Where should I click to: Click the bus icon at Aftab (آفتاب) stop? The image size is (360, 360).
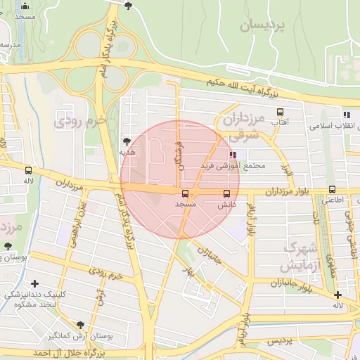click(x=281, y=112)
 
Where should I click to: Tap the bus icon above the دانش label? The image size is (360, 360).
click(x=226, y=193)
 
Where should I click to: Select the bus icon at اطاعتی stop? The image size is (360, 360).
click(x=333, y=189)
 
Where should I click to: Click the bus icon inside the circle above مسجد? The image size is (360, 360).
click(x=185, y=193)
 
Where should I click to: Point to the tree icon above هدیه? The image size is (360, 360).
click(x=127, y=141)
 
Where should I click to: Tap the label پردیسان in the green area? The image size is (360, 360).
click(x=263, y=26)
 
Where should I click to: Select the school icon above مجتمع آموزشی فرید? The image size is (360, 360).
click(x=233, y=155)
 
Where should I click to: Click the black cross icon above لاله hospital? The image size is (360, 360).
click(x=338, y=295)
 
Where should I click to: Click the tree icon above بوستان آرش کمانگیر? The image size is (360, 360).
click(x=79, y=324)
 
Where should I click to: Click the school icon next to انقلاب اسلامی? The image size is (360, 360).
click(x=346, y=114)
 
